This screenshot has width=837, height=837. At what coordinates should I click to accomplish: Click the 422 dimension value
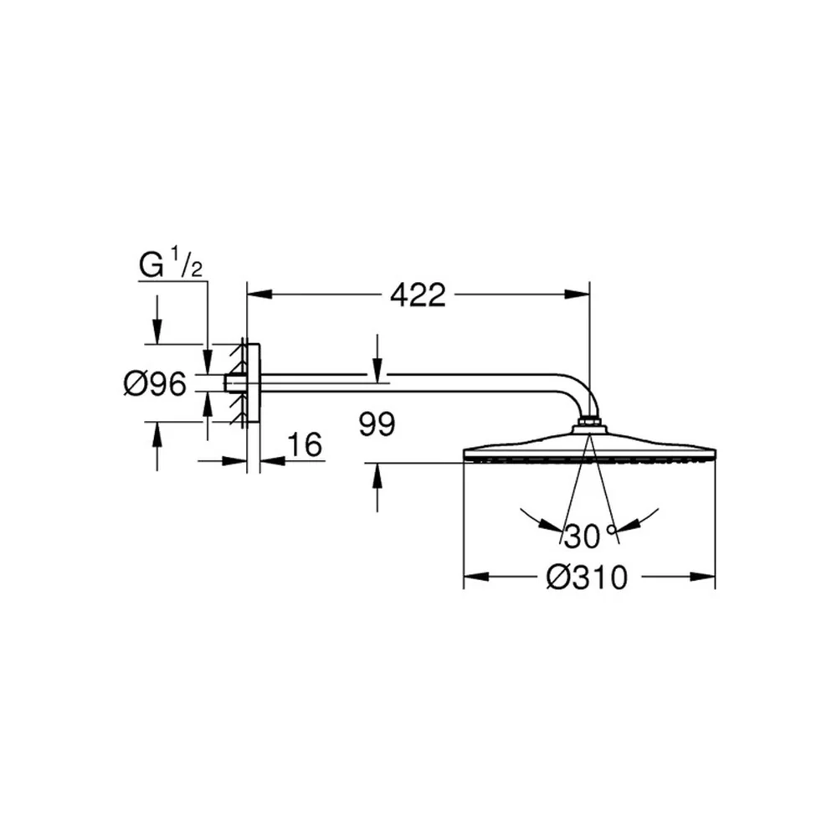(418, 295)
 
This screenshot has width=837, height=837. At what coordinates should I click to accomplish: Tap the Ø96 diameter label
(156, 384)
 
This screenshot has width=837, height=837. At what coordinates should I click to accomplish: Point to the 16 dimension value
(305, 444)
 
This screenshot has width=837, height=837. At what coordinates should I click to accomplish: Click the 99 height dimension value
(377, 424)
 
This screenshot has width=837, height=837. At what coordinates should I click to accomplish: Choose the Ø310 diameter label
(587, 578)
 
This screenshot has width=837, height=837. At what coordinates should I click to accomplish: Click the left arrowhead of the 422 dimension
(259, 295)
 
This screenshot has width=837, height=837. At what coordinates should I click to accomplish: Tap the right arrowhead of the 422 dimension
(577, 295)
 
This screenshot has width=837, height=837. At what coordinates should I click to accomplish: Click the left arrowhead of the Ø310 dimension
(476, 577)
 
